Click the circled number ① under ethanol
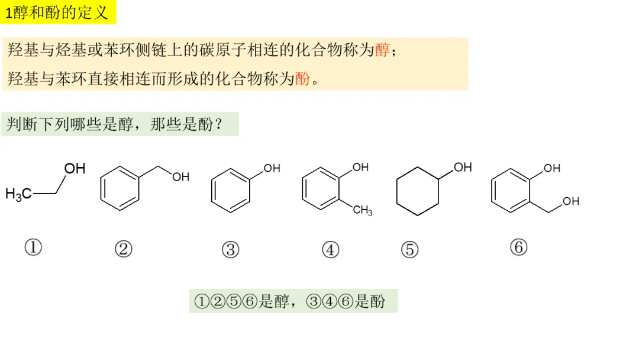33,246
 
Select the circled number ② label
123,249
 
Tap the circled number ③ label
230,250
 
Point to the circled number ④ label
331,250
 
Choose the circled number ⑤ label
409,250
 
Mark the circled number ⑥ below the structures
518,247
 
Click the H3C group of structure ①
18,194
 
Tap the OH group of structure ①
75,169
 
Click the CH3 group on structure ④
363,210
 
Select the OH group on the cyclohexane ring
463,168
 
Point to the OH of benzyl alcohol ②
180,176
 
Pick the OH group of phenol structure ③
272,168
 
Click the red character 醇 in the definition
383,50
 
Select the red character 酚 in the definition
302,78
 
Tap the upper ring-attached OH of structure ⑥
551,168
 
